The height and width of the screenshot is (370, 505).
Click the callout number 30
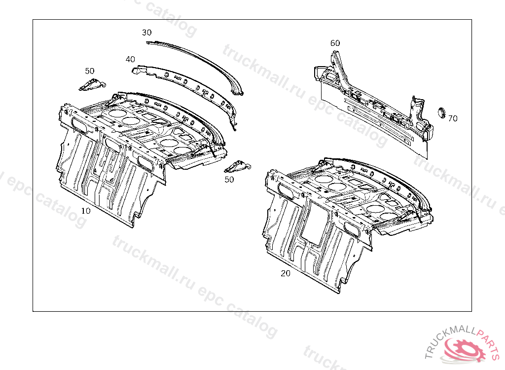pyautogui.click(x=147, y=33)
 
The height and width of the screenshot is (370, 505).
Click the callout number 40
pyautogui.click(x=130, y=59)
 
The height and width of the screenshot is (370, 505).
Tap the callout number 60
pyautogui.click(x=335, y=43)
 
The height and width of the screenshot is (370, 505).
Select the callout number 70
pyautogui.click(x=453, y=118)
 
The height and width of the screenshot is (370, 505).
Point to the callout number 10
pyautogui.click(x=86, y=211)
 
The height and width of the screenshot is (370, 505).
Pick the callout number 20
pyautogui.click(x=286, y=273)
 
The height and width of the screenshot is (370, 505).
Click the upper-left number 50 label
pyautogui.click(x=90, y=71)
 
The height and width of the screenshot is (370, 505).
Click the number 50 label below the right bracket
pyautogui.click(x=229, y=180)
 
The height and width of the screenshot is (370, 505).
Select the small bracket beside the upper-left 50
pyautogui.click(x=92, y=85)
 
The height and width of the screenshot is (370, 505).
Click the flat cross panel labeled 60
pyautogui.click(x=375, y=109)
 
